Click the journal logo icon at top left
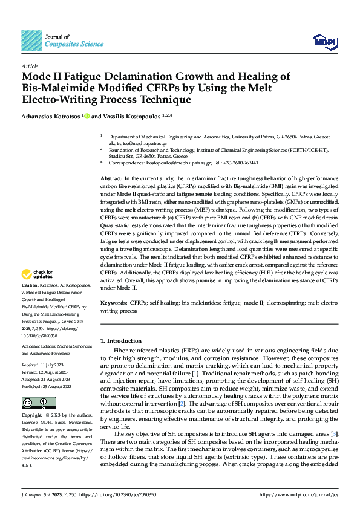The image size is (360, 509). (x=31, y=41)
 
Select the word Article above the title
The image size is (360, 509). (x=30, y=66)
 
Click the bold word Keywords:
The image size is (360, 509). (x=113, y=302)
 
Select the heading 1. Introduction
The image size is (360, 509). (x=121, y=341)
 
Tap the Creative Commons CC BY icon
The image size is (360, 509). (x=39, y=403)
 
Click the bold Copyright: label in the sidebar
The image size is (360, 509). (x=33, y=416)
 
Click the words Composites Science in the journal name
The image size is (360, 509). (x=70, y=44)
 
